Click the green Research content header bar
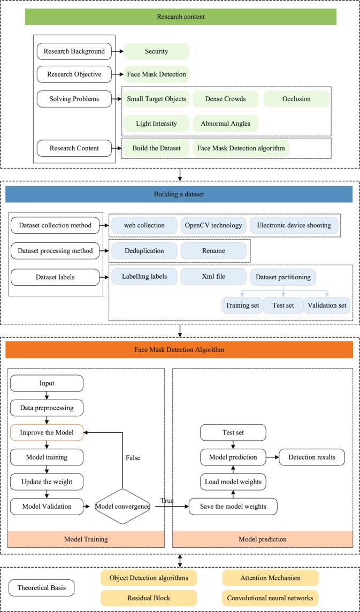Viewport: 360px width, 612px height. (x=180, y=17)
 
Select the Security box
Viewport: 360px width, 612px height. (x=156, y=52)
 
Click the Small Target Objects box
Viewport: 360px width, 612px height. (x=156, y=99)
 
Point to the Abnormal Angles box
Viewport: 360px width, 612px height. (x=225, y=124)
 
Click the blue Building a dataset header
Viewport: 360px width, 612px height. (x=179, y=194)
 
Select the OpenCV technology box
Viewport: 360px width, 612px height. (x=213, y=225)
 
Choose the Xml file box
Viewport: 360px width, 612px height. (x=213, y=276)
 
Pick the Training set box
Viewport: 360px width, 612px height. (x=241, y=305)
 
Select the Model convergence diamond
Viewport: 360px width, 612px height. (x=122, y=506)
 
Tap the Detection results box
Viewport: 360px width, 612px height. (x=312, y=457)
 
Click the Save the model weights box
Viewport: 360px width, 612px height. (x=233, y=507)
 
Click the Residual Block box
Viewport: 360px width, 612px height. (x=148, y=596)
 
